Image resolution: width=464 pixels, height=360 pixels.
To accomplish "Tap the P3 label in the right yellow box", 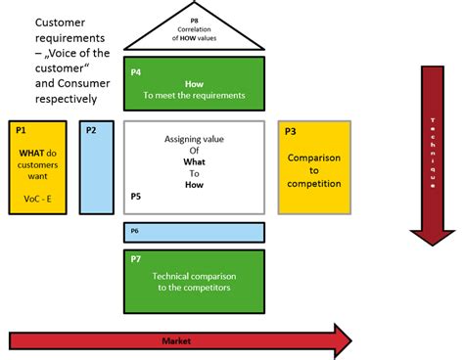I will point(290,130).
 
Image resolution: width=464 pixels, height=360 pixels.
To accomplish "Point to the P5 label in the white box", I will point(135,197).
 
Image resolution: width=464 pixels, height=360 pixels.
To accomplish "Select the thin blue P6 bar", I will point(195,232).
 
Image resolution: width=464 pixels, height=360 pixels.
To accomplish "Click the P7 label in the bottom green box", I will point(135,259).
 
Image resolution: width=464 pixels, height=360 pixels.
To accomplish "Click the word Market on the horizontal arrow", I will point(175,340).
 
